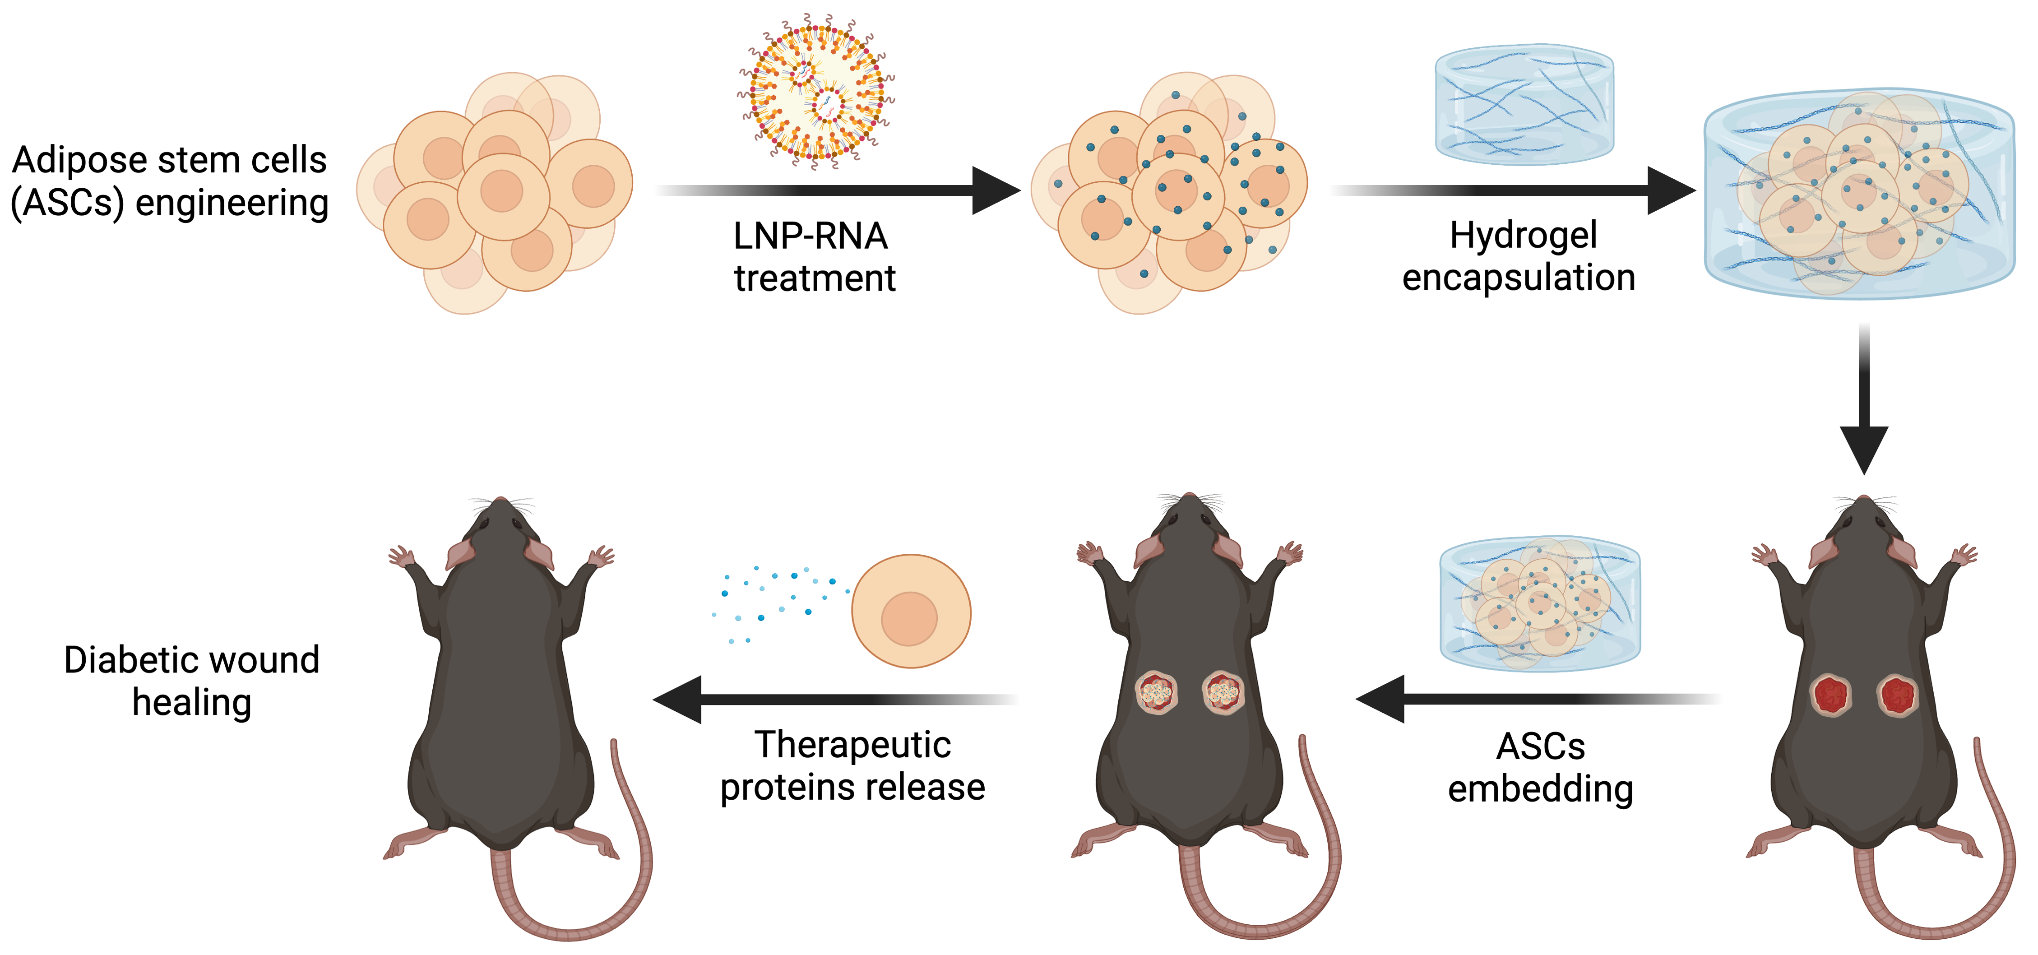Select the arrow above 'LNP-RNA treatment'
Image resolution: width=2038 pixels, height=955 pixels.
[838, 190]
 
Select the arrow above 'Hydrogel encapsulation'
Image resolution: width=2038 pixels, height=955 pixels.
[1514, 190]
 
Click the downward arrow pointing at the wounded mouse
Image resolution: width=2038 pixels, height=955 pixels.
[1864, 399]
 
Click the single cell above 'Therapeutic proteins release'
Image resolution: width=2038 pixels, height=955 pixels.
[911, 611]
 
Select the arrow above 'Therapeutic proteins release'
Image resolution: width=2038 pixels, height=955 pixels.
[835, 700]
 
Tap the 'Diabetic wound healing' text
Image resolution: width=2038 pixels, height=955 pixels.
[191, 681]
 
